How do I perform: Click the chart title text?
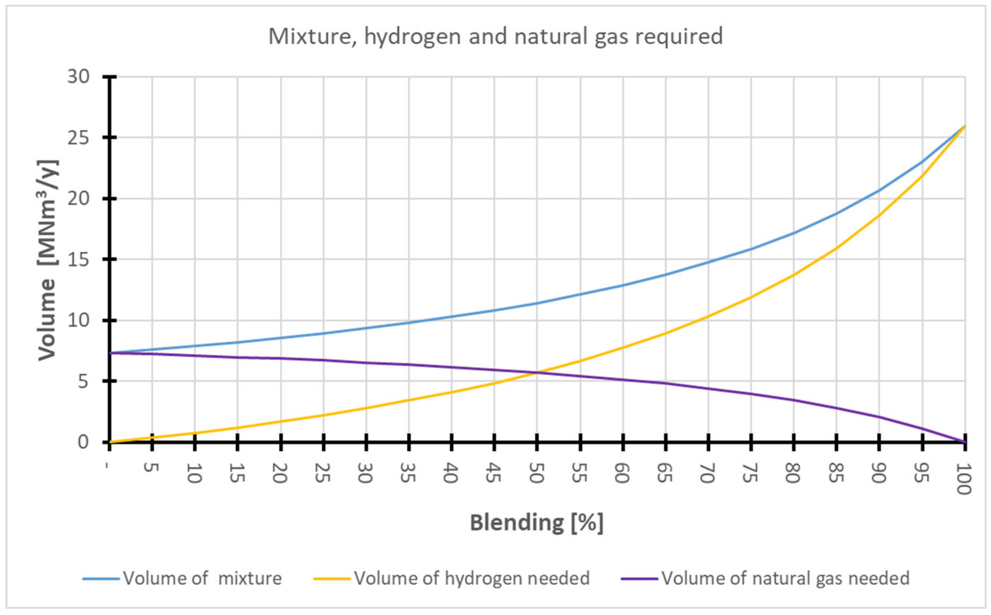pyautogui.click(x=495, y=37)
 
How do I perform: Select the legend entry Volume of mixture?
pyautogui.click(x=202, y=578)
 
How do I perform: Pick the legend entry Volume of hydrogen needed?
pyautogui.click(x=471, y=578)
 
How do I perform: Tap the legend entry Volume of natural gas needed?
pyautogui.click(x=785, y=578)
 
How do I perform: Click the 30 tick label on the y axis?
pyautogui.click(x=78, y=76)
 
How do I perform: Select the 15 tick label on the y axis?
pyautogui.click(x=78, y=259)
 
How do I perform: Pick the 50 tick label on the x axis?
pyautogui.click(x=536, y=473)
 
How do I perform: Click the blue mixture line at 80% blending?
pyautogui.click(x=794, y=233)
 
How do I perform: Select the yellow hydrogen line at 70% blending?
pyautogui.click(x=708, y=316)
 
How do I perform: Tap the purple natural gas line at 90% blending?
pyautogui.click(x=879, y=417)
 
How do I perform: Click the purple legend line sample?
pyautogui.click(x=639, y=578)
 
